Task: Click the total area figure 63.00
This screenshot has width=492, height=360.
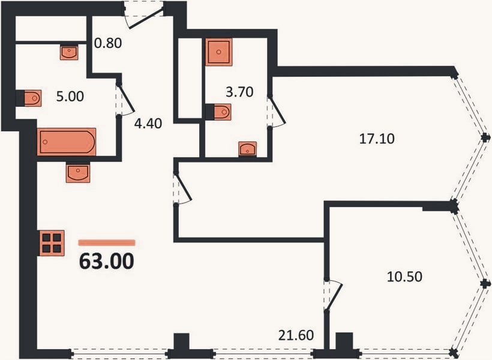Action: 107,261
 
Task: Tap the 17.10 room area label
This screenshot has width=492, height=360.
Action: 377,139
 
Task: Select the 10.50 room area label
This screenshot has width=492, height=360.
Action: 404,277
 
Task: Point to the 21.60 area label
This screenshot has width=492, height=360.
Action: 296,335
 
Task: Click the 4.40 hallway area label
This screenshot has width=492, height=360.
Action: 148,124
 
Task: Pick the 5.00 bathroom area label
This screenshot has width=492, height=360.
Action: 70,97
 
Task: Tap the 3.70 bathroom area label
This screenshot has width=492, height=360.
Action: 239,92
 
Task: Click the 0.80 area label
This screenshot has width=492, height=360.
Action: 108,43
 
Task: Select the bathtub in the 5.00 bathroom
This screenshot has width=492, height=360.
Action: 67,142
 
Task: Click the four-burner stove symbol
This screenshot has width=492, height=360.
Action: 52,243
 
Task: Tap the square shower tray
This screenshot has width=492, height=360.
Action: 219,52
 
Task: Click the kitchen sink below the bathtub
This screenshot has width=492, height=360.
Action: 78,173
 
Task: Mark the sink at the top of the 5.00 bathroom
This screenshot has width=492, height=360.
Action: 69,52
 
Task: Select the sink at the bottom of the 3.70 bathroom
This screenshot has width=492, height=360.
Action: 248,149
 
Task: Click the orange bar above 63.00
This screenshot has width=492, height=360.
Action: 107,242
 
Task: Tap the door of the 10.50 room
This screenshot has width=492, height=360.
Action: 333,295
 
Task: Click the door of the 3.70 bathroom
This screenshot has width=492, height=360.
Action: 277,112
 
